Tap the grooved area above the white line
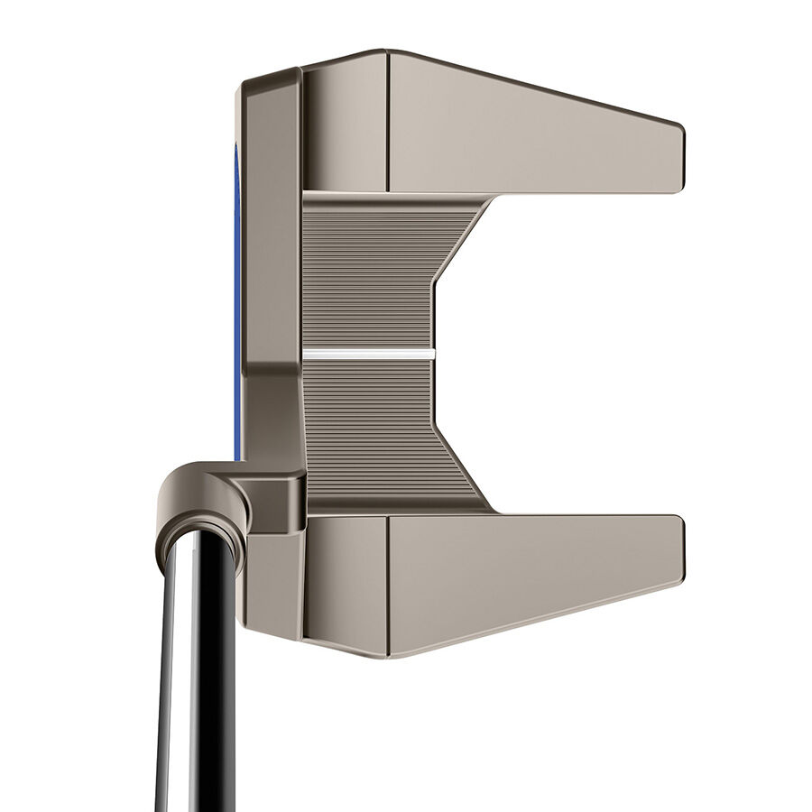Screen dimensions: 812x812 (x=370, y=271)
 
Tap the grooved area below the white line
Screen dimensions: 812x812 (x=370, y=424)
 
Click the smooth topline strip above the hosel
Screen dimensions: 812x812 (x=271, y=226)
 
